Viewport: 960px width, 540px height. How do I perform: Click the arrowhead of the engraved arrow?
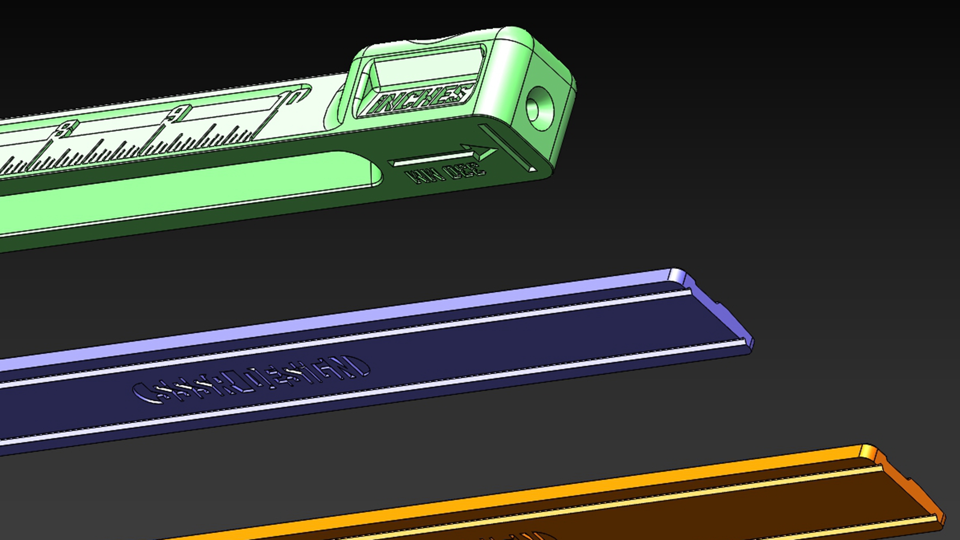coord(484,152)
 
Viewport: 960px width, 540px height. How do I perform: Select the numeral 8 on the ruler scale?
coord(65,130)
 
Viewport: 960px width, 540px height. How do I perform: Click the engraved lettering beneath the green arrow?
coord(447,174)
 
